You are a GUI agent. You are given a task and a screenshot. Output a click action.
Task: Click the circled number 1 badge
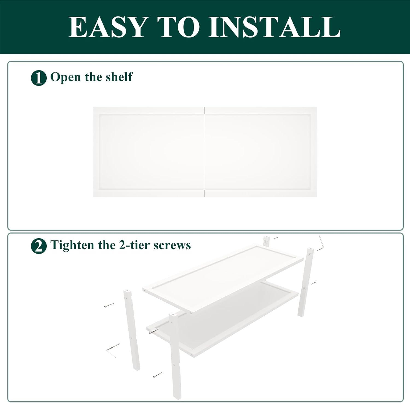click(x=39, y=78)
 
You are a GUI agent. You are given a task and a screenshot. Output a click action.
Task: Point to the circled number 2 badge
click(x=39, y=246)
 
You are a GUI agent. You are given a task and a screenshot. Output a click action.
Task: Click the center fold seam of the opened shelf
click(x=205, y=152)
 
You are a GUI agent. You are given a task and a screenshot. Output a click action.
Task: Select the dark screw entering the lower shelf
click(x=154, y=332)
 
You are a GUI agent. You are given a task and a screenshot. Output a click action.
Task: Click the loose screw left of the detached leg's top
click(x=109, y=305)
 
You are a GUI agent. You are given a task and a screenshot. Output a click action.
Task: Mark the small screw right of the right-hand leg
click(x=314, y=283)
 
